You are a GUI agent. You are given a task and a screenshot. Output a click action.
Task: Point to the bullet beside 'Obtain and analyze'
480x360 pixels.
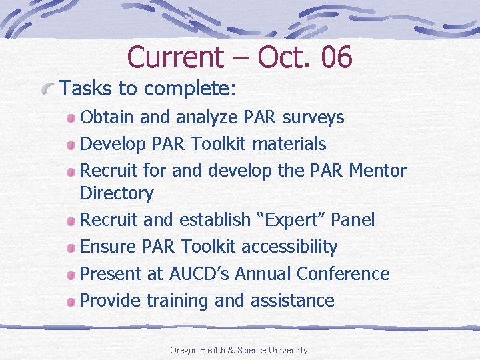pyautogui.click(x=71, y=119)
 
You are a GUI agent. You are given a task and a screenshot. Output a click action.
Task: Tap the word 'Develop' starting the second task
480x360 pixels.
pyautogui.click(x=109, y=144)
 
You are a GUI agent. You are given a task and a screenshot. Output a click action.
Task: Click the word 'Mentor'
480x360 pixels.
pyautogui.click(x=378, y=170)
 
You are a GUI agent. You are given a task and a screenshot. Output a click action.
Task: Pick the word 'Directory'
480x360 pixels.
pyautogui.click(x=117, y=193)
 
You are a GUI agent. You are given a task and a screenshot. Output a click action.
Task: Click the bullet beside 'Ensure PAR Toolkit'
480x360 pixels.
pyautogui.click(x=71, y=248)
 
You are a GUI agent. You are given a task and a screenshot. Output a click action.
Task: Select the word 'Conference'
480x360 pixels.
pyautogui.click(x=343, y=273)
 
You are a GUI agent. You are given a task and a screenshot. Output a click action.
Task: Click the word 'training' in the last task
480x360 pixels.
pyautogui.click(x=177, y=301)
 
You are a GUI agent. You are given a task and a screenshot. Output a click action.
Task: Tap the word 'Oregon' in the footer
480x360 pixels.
pyautogui.click(x=183, y=350)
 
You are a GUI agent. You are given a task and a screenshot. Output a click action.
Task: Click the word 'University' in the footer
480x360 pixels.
pyautogui.click(x=289, y=350)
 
